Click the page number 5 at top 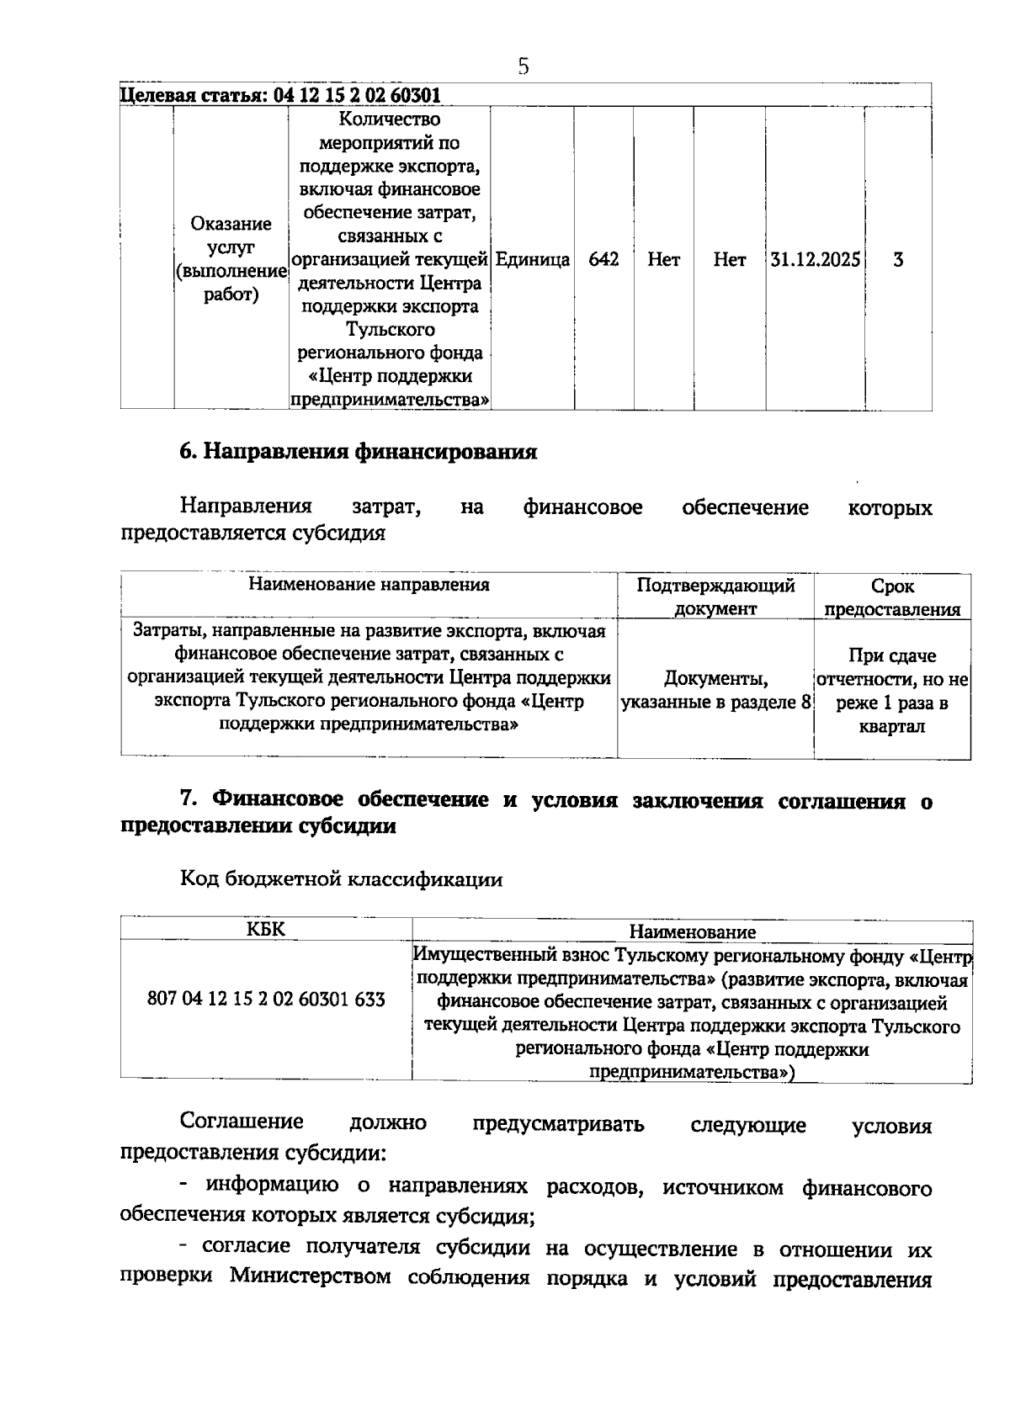[524, 66]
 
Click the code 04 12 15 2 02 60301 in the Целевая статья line [358, 95]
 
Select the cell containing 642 [603, 260]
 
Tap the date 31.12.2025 [815, 260]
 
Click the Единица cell [532, 260]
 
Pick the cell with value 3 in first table [898, 260]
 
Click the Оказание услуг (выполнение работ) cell [231, 260]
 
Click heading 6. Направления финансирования [359, 453]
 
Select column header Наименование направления [369, 585]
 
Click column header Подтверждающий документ [715, 597]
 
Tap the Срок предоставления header [892, 597]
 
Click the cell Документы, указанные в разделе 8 [715, 690]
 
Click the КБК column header [266, 929]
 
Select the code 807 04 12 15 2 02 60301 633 [266, 999]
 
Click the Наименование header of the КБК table [692, 931]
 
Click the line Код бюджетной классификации [342, 880]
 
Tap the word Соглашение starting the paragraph [242, 1122]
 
